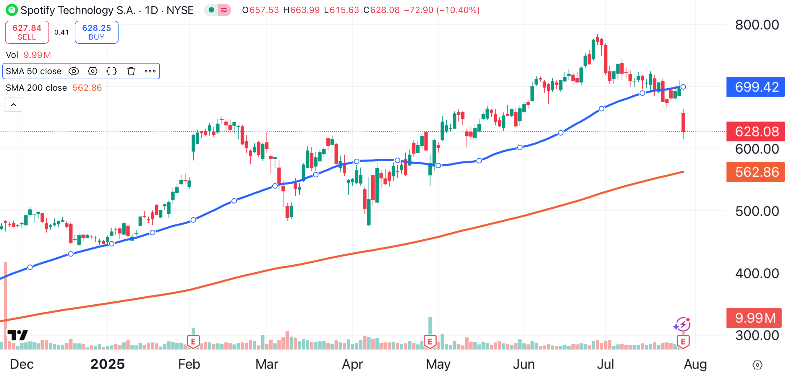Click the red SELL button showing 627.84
[x=27, y=32]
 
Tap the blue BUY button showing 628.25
[x=97, y=32]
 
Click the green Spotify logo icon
[x=12, y=10]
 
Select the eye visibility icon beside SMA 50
[x=74, y=71]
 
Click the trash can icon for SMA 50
[x=131, y=71]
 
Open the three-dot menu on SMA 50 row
[x=150, y=71]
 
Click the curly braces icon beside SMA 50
[x=111, y=71]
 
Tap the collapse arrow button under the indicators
[x=13, y=105]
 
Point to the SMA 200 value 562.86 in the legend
[x=87, y=88]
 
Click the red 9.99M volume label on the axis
[x=754, y=318]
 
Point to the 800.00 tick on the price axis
[x=757, y=25]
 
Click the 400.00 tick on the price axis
[x=757, y=273]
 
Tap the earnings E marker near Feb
[x=193, y=341]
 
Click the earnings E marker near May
[x=430, y=341]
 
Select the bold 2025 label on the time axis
[x=108, y=364]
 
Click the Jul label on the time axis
[x=605, y=364]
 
